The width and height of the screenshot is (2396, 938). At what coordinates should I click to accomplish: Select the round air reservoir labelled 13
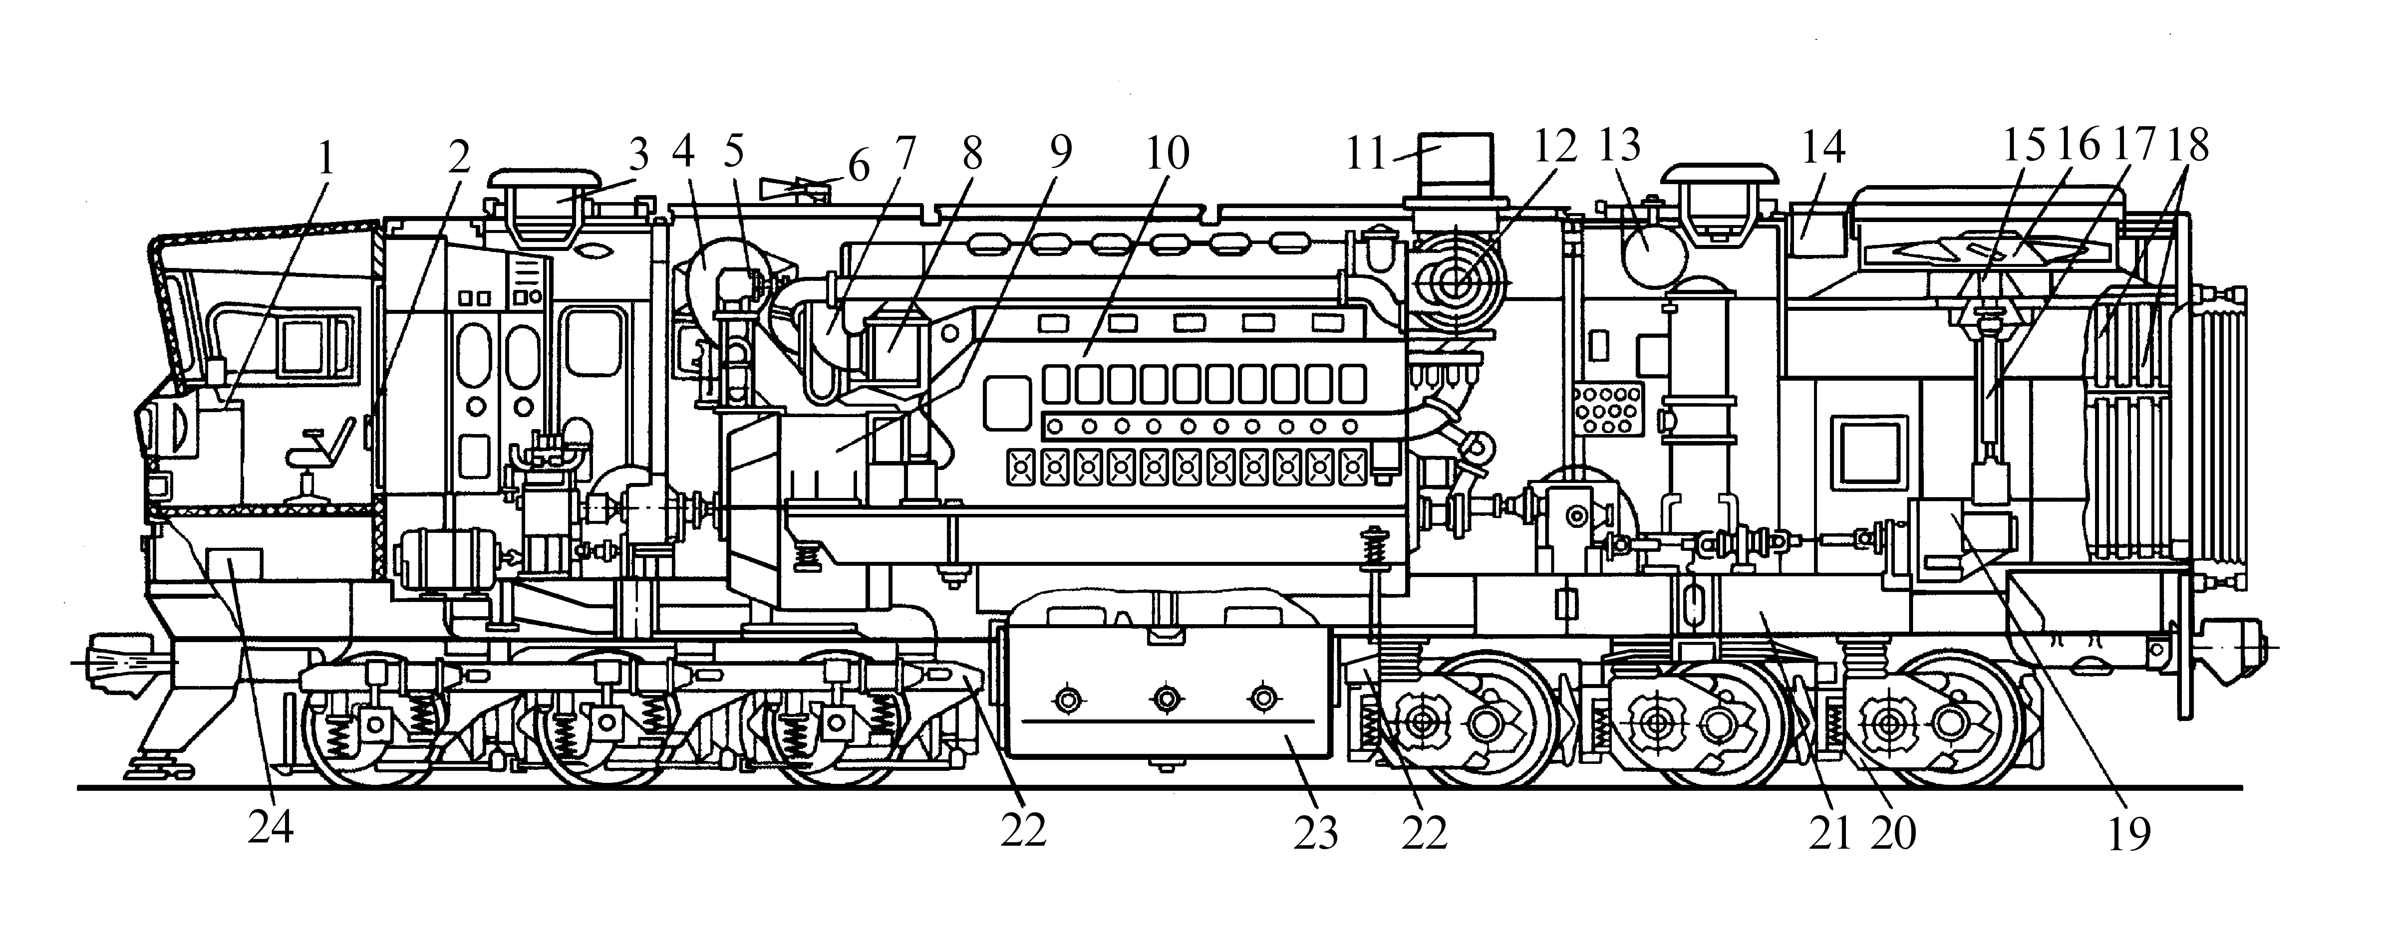pos(1649,249)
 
